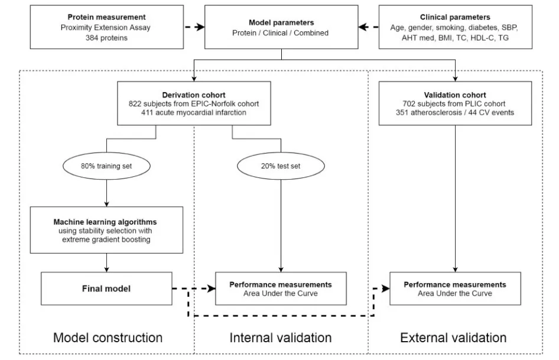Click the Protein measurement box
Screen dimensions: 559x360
tap(106, 27)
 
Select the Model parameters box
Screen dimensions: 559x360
tap(281, 27)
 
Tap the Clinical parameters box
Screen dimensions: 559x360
tap(455, 27)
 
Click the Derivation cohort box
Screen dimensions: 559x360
tap(194, 103)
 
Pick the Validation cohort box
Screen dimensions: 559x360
tap(455, 103)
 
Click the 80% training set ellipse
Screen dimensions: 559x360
tap(106, 166)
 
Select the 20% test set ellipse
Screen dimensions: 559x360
tap(281, 166)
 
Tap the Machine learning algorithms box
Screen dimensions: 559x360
tap(106, 230)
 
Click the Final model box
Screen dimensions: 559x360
tap(106, 288)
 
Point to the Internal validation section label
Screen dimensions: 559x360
tap(281, 338)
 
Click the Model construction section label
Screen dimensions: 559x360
tap(108, 338)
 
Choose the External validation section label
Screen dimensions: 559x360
tap(453, 338)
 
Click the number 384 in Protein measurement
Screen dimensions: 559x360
tap(91, 38)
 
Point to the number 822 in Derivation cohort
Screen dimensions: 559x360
tap(135, 104)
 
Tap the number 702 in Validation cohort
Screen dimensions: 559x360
tap(409, 104)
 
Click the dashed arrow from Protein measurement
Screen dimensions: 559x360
tap(194, 27)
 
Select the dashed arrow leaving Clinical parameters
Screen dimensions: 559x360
tap(368, 27)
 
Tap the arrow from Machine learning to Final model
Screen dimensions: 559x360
tap(106, 263)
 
